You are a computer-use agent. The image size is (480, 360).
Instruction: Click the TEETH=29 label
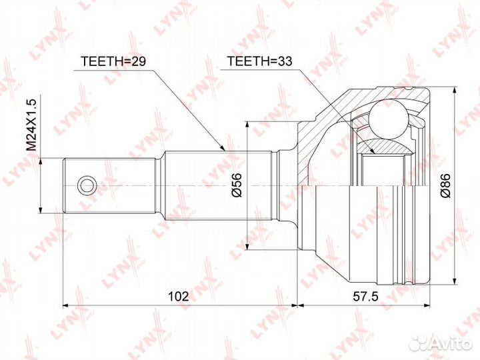pos(113,61)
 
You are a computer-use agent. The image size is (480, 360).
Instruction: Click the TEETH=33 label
pos(259,61)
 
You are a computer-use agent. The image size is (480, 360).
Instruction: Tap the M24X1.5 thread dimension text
pos(31,125)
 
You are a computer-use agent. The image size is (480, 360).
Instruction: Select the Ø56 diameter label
pos(236,185)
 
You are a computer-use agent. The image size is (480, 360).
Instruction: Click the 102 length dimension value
pos(179,296)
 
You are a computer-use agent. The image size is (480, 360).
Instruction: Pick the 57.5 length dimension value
pos(366,296)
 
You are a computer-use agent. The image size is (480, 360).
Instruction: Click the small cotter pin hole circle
pos(87,185)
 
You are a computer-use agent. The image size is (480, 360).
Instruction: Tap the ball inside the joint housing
pos(389,119)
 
